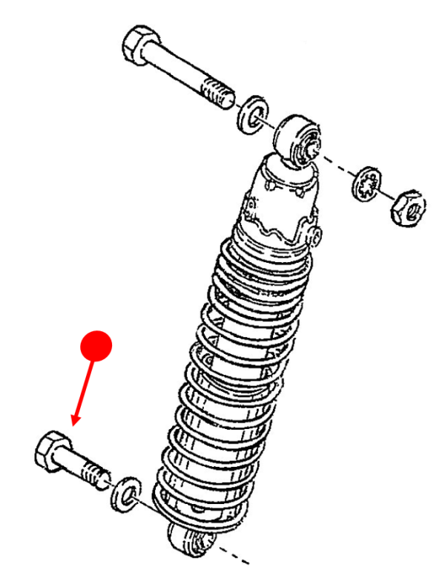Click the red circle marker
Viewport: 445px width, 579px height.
96,345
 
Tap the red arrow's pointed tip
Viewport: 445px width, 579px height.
73,425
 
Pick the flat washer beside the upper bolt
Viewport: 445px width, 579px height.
252,113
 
